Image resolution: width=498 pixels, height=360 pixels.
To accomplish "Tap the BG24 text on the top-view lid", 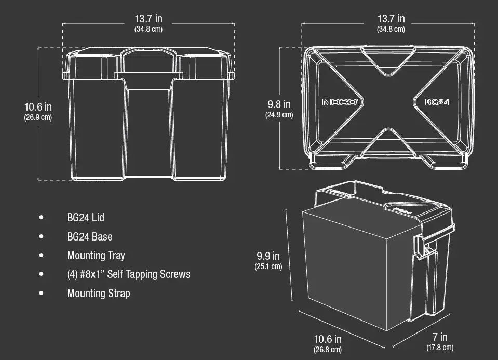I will pyautogui.click(x=437, y=102).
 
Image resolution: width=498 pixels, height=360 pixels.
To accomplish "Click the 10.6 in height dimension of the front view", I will pyautogui.click(x=38, y=107).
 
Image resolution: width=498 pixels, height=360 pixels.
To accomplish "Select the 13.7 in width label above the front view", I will pyautogui.click(x=149, y=19).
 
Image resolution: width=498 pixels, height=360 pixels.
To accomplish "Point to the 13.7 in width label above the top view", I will pyautogui.click(x=391, y=19).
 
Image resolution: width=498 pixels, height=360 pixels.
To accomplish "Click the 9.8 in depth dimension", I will pyautogui.click(x=279, y=105).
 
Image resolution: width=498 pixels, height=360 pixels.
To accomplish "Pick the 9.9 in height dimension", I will pyautogui.click(x=268, y=256).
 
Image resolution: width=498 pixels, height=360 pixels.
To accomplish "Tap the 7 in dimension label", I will pyautogui.click(x=440, y=338).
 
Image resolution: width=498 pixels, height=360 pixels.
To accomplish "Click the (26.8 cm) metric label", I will pyautogui.click(x=328, y=350).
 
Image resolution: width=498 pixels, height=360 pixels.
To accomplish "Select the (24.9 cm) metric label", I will pyautogui.click(x=279, y=115).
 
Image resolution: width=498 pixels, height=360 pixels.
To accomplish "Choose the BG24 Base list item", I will pyautogui.click(x=89, y=236).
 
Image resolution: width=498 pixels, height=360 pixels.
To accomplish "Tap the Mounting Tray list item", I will pyautogui.click(x=96, y=255).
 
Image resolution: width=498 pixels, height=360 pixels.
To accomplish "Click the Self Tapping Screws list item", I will pyautogui.click(x=128, y=274).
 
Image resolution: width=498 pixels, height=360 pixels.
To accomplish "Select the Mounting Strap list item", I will pyautogui.click(x=98, y=293).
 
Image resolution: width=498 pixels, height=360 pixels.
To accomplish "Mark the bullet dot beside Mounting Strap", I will pyautogui.click(x=41, y=293).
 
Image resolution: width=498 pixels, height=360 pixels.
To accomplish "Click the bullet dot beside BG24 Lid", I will pyautogui.click(x=41, y=217).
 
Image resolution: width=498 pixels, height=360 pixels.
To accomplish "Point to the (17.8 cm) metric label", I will pyautogui.click(x=440, y=348).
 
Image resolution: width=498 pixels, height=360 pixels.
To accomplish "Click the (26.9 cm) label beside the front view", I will pyautogui.click(x=38, y=117).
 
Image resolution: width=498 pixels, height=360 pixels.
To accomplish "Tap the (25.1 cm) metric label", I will pyautogui.click(x=268, y=266).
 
